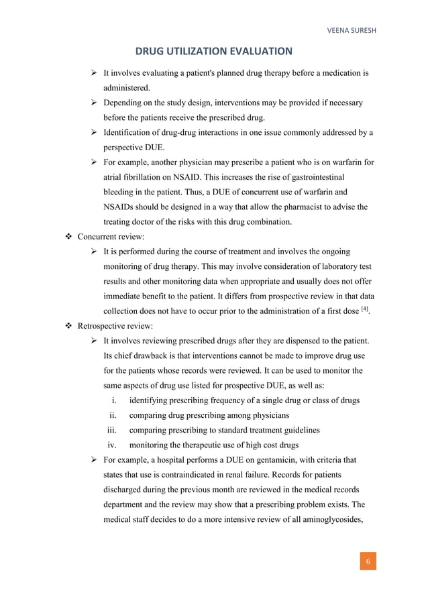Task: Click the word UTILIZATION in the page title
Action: pos(201,50)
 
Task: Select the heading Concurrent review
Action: pos(110,237)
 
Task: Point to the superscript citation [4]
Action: pos(363,309)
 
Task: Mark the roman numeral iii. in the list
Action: pos(115,430)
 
